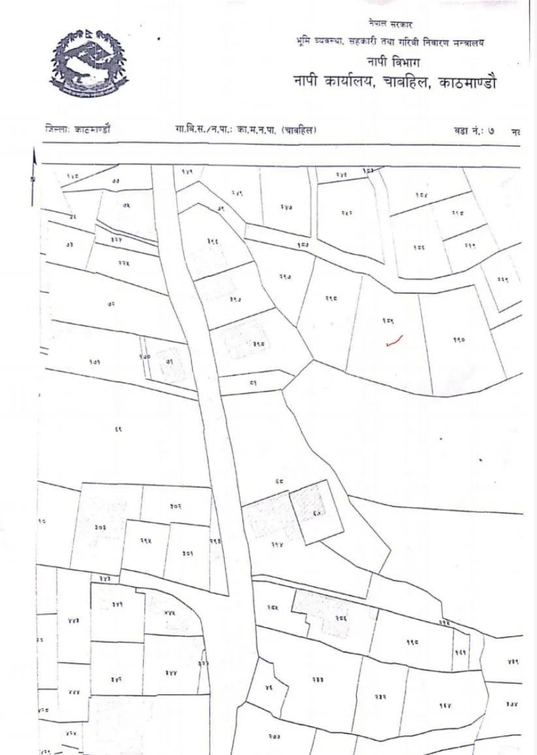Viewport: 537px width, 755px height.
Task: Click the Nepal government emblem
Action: click(89, 63)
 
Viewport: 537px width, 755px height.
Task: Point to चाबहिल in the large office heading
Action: click(408, 82)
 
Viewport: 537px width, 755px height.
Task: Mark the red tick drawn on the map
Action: click(394, 340)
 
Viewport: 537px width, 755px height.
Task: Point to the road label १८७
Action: click(302, 245)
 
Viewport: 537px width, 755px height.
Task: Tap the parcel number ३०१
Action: click(187, 553)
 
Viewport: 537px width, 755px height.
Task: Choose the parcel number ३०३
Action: click(101, 526)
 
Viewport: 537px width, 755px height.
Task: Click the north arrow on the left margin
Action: click(33, 166)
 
